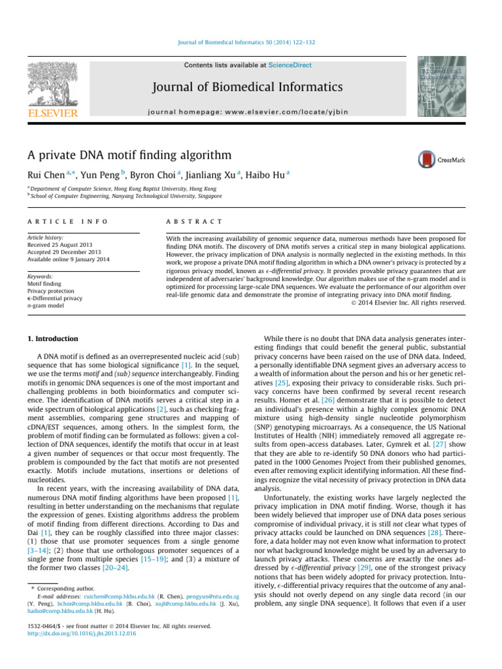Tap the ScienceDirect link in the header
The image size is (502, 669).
[x=293, y=65]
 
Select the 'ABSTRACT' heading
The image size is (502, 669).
[x=195, y=223]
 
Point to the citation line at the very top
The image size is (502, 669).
[x=250, y=42]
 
